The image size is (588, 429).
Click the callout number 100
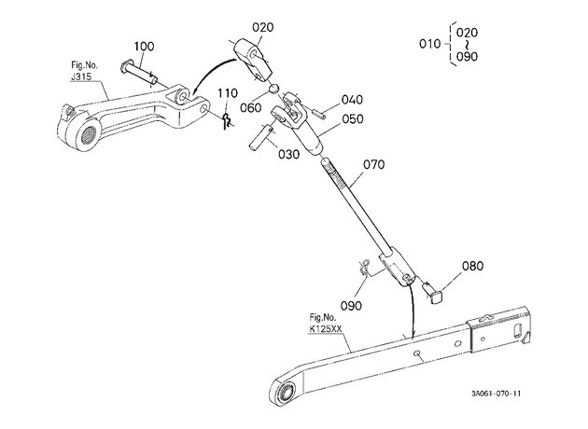pos(144,47)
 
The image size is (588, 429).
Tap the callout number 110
pos(228,93)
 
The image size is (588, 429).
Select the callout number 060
pos(250,108)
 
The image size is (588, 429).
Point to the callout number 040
pos(352,100)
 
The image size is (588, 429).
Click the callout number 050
pos(353,118)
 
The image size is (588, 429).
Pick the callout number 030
pos(288,154)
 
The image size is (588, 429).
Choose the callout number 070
pos(374,164)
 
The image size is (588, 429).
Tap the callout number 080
pos(472,266)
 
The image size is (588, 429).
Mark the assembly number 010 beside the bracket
pos(429,44)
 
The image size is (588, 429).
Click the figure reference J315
pos(80,77)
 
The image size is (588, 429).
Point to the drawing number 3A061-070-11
pos(497,394)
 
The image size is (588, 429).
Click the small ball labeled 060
pos(274,89)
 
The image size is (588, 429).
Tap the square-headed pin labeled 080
pos(433,292)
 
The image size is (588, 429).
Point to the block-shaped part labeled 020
pos(252,59)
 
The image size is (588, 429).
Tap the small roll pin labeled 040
pos(317,113)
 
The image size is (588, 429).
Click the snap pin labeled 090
pos(365,267)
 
